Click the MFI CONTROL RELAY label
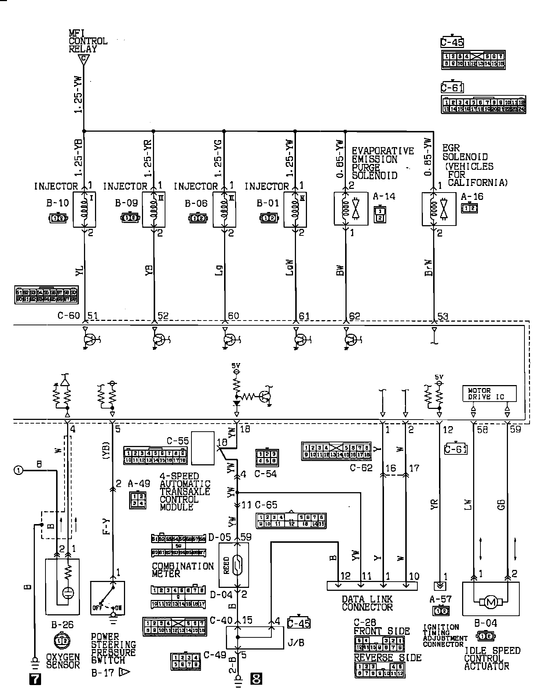point(88,41)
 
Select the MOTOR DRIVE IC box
point(489,393)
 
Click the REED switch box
point(234,565)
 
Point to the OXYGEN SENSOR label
point(63,661)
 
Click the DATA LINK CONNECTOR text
point(367,603)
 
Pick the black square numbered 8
point(256,680)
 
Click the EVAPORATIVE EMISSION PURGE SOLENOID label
point(383,163)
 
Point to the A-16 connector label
point(472,197)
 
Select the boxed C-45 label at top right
point(452,43)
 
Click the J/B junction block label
point(296,642)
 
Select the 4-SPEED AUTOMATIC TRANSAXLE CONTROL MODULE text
point(185,491)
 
